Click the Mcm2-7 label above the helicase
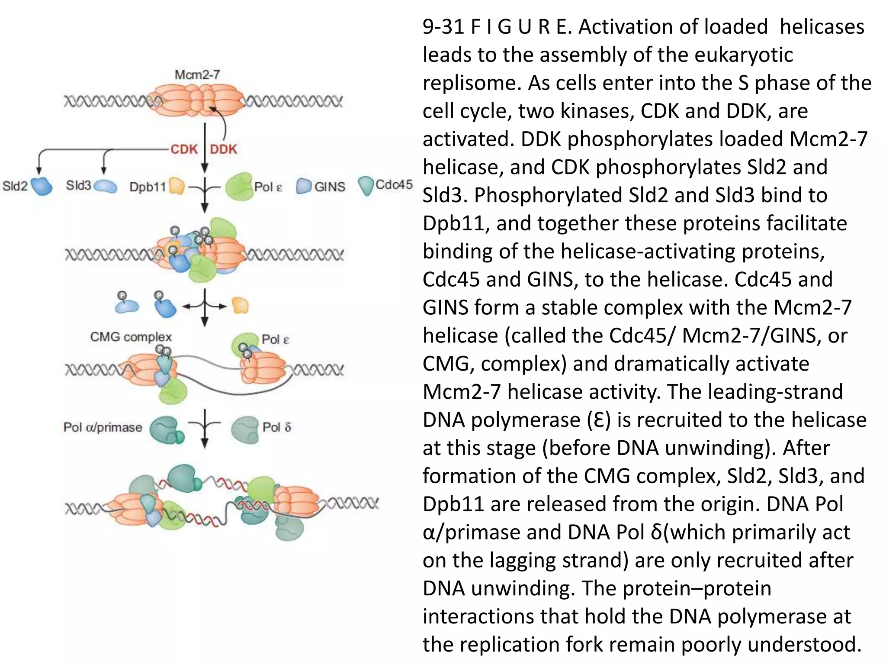coord(197,75)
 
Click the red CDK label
coord(184,149)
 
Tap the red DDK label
coord(224,149)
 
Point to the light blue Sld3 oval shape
coord(105,187)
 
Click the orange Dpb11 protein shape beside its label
coord(177,186)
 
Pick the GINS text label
coord(330,187)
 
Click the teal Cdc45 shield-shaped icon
coord(366,185)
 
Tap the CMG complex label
coord(131,337)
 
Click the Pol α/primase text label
coord(103,427)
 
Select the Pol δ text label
coord(277,427)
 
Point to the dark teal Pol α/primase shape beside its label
coord(166,429)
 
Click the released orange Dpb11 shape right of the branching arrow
coord(240,305)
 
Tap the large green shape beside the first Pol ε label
coord(239,186)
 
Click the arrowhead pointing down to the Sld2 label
coord(39,171)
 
